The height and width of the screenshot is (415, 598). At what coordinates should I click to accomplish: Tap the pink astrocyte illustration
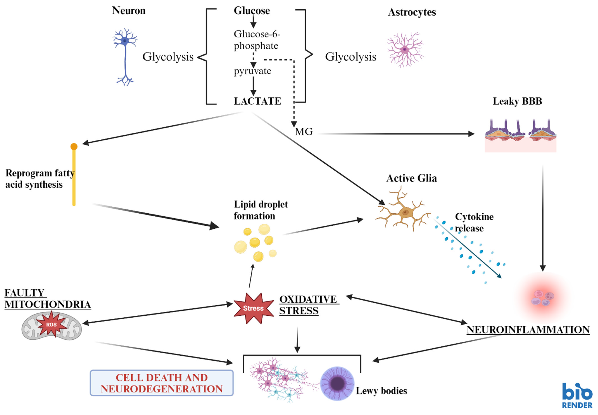(x=405, y=49)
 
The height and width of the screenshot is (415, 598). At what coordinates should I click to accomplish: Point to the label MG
(x=304, y=132)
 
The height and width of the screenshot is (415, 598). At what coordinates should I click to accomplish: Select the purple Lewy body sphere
(x=337, y=383)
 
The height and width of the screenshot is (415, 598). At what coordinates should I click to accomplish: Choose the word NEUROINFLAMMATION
(x=528, y=330)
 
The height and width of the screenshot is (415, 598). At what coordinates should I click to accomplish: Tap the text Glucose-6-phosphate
(x=256, y=40)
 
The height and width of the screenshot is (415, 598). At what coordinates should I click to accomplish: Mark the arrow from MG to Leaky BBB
(x=395, y=134)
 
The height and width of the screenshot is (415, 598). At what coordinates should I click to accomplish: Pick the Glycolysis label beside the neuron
(x=168, y=57)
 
